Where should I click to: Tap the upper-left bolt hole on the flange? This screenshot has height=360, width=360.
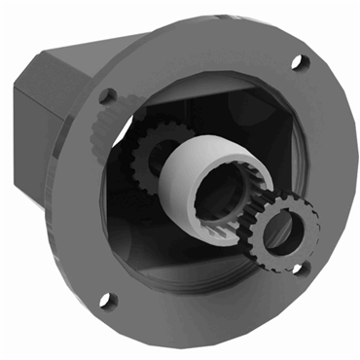coord(108,96)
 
